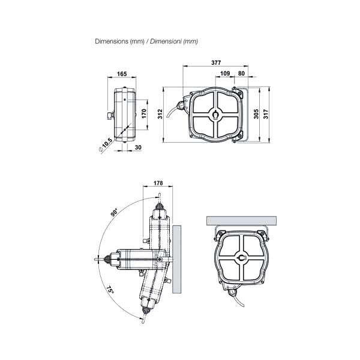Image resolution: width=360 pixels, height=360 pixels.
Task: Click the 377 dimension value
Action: (x=216, y=62)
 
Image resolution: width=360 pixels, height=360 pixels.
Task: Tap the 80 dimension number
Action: (x=242, y=73)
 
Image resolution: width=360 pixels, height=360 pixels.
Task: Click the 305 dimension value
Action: (x=256, y=115)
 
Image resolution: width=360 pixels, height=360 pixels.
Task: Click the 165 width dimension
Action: (x=121, y=74)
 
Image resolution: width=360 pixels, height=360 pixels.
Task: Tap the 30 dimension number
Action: (x=139, y=147)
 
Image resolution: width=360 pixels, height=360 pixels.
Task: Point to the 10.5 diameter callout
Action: (x=106, y=145)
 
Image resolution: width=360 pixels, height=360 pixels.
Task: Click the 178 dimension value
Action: (x=158, y=184)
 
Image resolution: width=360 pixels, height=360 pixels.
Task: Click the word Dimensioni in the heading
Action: (x=166, y=42)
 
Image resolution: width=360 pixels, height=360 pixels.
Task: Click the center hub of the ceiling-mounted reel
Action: (x=242, y=257)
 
